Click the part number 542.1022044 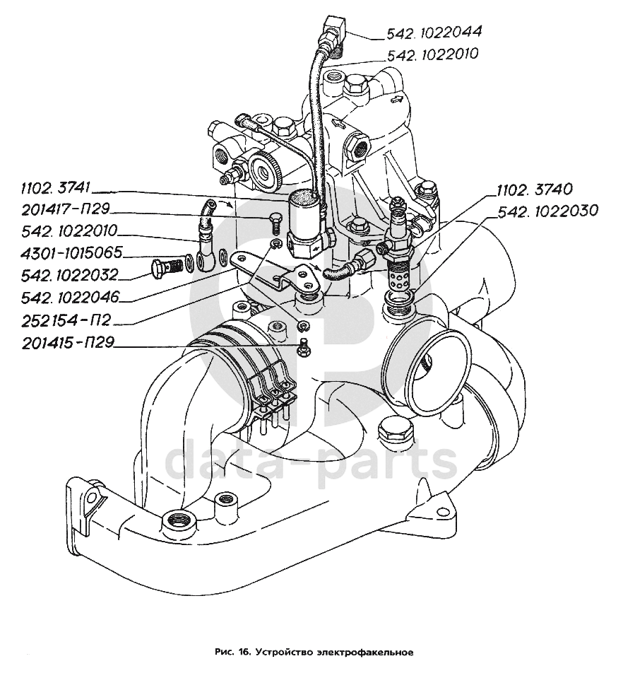pos(434,33)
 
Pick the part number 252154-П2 pos(61,320)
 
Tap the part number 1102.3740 pos(535,189)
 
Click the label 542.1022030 pos(548,210)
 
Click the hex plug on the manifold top pos(392,429)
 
